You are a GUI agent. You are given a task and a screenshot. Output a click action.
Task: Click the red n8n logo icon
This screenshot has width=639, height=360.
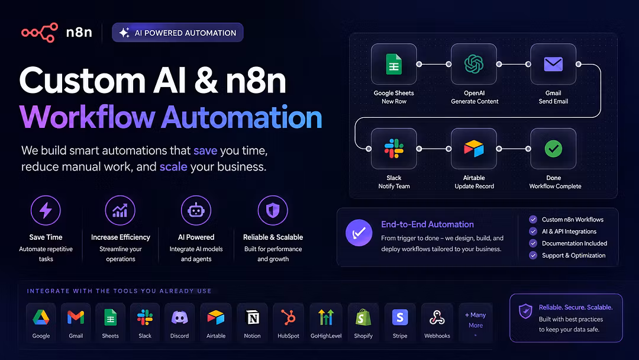click(x=40, y=33)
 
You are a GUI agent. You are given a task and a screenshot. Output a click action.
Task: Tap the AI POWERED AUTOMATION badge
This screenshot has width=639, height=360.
click(x=177, y=33)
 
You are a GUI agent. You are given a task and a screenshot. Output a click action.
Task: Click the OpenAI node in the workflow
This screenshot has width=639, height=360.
click(x=473, y=64)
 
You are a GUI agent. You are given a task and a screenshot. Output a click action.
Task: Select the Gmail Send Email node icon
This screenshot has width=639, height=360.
click(x=553, y=64)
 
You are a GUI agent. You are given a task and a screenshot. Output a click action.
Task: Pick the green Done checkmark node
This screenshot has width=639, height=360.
click(x=553, y=149)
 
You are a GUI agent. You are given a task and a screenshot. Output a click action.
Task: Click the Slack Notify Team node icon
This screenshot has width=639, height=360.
click(x=393, y=149)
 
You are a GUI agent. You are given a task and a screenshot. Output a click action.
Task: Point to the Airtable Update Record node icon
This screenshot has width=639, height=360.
click(x=473, y=149)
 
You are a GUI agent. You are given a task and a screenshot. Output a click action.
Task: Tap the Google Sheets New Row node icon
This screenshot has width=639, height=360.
click(x=393, y=64)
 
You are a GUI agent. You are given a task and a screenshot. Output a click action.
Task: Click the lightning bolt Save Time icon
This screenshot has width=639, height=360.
click(x=46, y=210)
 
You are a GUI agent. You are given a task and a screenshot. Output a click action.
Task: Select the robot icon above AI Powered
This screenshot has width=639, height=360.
click(x=196, y=210)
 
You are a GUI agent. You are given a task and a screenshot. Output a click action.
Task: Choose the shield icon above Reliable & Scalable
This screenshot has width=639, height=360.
click(x=273, y=210)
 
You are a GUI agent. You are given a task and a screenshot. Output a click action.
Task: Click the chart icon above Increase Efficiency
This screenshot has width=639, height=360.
click(x=120, y=210)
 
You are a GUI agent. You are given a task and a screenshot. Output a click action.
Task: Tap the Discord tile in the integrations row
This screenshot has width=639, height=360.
click(x=179, y=323)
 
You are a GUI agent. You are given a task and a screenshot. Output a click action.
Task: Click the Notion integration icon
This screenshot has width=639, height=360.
click(x=252, y=317)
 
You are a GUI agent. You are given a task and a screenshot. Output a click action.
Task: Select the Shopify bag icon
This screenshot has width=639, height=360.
click(x=363, y=317)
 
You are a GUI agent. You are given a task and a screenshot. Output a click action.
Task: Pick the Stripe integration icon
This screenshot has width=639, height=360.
click(x=400, y=317)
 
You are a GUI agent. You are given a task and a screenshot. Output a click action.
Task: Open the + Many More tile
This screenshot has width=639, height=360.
click(x=476, y=323)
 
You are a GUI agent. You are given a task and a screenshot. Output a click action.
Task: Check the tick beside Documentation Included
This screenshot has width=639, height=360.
click(x=532, y=243)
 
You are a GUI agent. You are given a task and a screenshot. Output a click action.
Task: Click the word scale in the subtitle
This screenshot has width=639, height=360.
click(x=173, y=167)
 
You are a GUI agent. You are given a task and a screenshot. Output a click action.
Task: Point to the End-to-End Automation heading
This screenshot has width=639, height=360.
click(x=428, y=224)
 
